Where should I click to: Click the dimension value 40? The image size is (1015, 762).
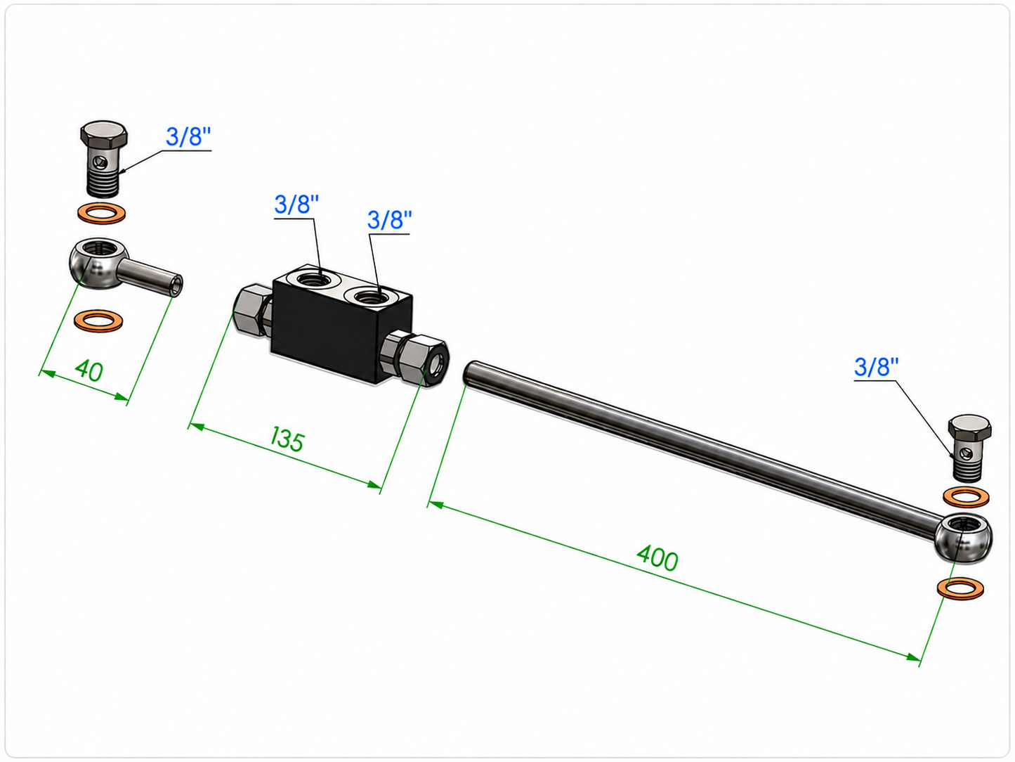(x=89, y=370)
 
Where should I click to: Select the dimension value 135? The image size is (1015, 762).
(x=287, y=439)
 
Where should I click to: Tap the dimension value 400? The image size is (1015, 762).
(x=657, y=558)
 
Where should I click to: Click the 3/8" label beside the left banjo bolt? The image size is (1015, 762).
(x=188, y=137)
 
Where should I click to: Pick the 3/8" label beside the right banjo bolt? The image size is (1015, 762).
(x=876, y=368)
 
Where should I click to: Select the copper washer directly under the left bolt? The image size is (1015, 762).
(x=101, y=213)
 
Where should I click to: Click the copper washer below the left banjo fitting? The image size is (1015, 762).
(x=98, y=321)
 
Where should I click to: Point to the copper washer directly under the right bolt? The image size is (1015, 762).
(x=966, y=497)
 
